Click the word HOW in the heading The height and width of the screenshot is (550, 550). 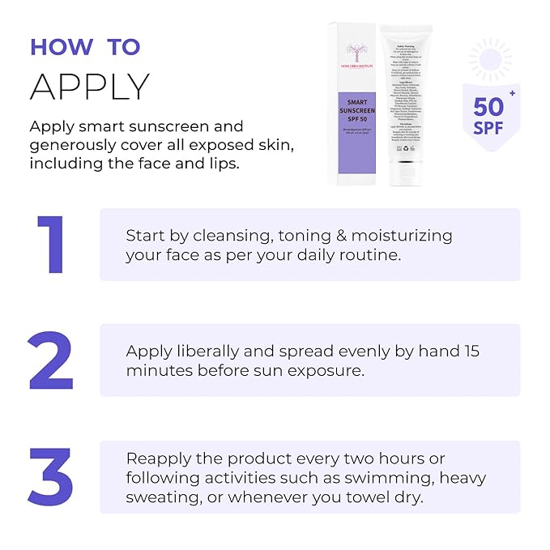(x=61, y=47)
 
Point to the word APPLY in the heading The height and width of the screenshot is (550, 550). (x=90, y=86)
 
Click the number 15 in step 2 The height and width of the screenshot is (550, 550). (x=472, y=351)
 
